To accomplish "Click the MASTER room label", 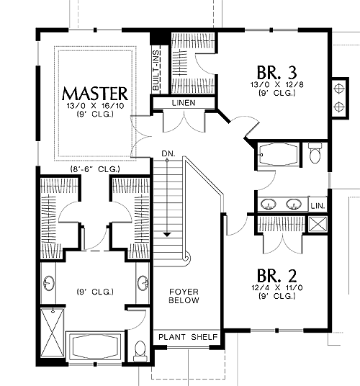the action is pos(95,94).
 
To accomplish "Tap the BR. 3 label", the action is pos(276,72).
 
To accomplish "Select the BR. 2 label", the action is pos(276,276).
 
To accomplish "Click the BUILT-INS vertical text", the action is pos(156,70).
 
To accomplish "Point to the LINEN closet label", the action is pos(184,103).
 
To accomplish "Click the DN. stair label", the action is pos(168,154).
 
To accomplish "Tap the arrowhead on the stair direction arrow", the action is pos(167,235).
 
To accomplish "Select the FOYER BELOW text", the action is pos(184,296).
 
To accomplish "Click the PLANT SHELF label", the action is pos(188,337).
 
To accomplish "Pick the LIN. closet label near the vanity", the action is pos(318,206).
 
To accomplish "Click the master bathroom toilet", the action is pos(140,351).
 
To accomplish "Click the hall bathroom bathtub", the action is pos(279,154).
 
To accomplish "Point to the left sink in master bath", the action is pos(49,283).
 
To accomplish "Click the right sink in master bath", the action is pos(143,283).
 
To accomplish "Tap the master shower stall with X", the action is pos(53,332).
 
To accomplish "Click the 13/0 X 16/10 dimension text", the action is pos(95,106).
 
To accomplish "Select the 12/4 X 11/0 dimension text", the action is pos(277,287).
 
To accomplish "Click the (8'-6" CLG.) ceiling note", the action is pos(95,169).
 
